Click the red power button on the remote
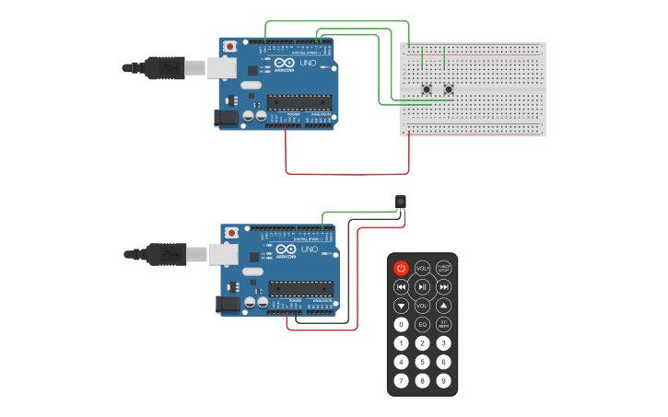401,268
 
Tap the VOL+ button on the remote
422,268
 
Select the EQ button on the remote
422,324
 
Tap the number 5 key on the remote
422,362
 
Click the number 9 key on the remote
443,380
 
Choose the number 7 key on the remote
401,380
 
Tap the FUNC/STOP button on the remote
443,268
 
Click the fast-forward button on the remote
443,287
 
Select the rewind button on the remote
401,287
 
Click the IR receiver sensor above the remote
400,201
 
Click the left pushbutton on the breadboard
427,89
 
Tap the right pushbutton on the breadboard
449,89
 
